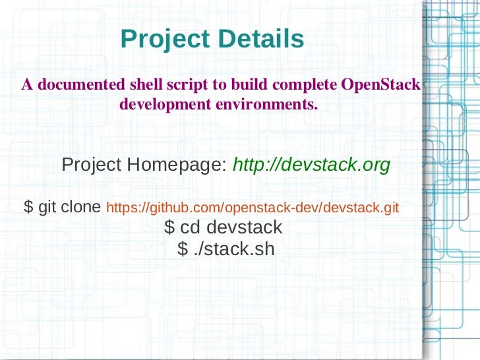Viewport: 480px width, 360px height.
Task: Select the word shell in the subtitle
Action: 144,86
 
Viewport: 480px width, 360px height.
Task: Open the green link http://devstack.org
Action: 312,165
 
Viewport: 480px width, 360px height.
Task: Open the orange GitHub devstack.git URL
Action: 253,208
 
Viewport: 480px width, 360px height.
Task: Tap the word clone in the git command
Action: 81,208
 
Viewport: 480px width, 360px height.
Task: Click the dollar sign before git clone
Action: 28,208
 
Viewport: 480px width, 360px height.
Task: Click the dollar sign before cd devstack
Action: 169,228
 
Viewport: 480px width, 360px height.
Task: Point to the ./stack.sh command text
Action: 235,249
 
